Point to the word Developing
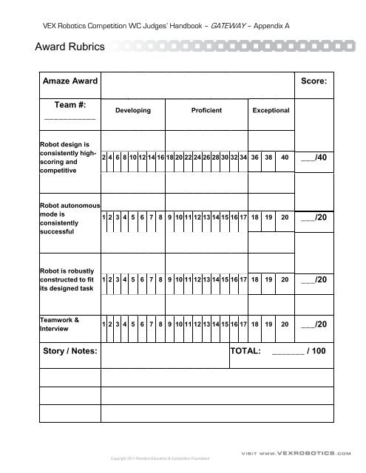(x=133, y=110)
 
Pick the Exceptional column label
(x=271, y=110)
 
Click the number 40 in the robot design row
(x=285, y=157)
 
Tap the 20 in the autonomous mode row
(x=285, y=219)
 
